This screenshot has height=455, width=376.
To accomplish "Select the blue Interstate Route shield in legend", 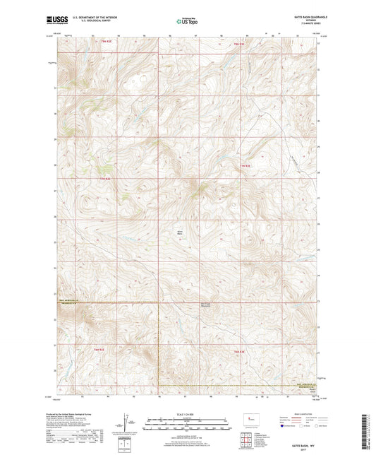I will point(283,427).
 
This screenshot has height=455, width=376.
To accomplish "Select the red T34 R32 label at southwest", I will point(99,348).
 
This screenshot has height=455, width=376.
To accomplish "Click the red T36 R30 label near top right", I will point(238,44).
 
